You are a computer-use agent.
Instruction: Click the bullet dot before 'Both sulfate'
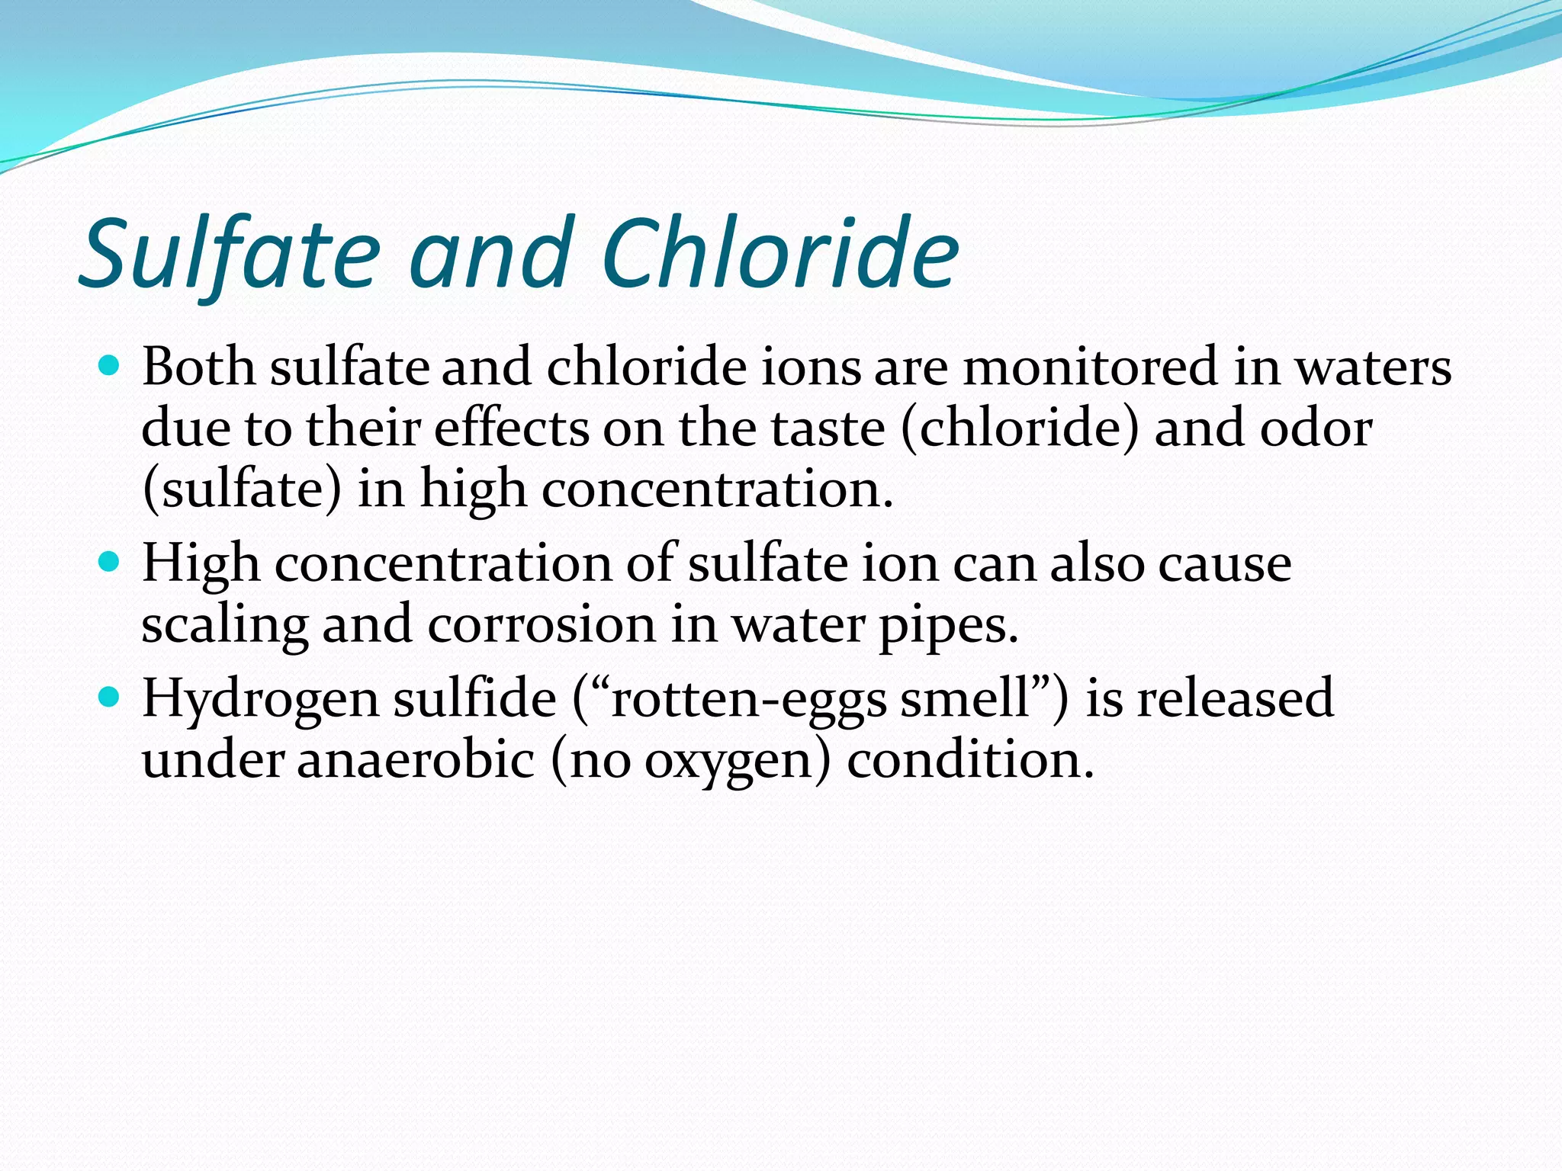pos(110,367)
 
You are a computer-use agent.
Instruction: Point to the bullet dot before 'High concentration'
pos(110,563)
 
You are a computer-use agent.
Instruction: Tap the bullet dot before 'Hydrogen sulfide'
pos(110,697)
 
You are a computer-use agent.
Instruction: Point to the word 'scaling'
pos(225,625)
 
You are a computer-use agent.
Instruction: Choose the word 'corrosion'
pos(542,625)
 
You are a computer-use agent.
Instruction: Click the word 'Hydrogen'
pos(259,700)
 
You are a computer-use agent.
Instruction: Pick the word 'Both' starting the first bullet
pos(198,367)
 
